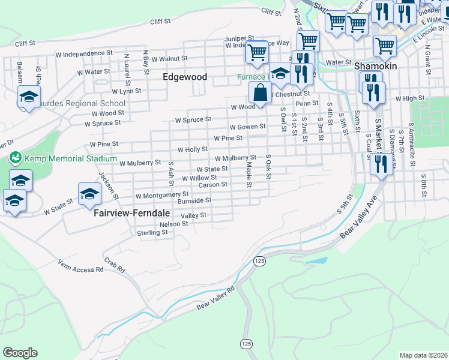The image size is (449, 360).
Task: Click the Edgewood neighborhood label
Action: point(185,77)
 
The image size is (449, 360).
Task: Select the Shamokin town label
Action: point(376,66)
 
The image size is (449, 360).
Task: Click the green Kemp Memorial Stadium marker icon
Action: point(15,158)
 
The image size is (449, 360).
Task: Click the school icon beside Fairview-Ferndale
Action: point(89,194)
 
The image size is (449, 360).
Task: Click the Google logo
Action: point(20,352)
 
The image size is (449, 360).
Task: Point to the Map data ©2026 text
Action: point(423,355)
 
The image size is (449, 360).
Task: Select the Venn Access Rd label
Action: point(81,266)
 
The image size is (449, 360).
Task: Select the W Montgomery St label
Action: point(162,196)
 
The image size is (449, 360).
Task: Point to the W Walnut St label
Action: point(169,59)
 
